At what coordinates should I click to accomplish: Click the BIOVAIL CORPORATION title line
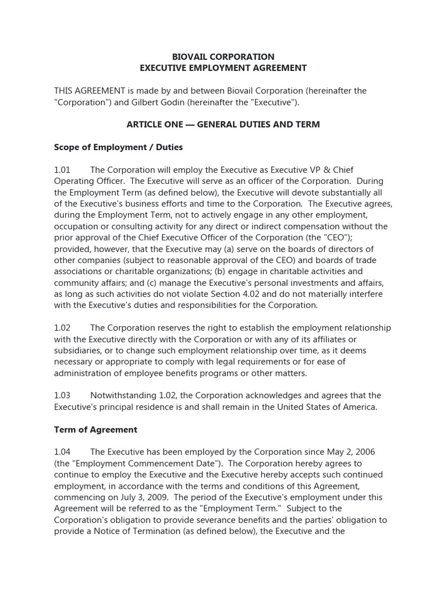[223, 57]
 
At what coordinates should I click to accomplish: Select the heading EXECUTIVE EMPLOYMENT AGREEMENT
[223, 68]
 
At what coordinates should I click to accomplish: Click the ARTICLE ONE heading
[223, 125]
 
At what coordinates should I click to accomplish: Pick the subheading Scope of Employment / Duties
[118, 147]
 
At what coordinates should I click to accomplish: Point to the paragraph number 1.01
[62, 170]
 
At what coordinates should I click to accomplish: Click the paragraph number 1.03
[62, 396]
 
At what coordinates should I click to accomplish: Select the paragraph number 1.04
[62, 452]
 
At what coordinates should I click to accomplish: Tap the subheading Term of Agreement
[95, 430]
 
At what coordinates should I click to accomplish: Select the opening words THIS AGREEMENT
[90, 91]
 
